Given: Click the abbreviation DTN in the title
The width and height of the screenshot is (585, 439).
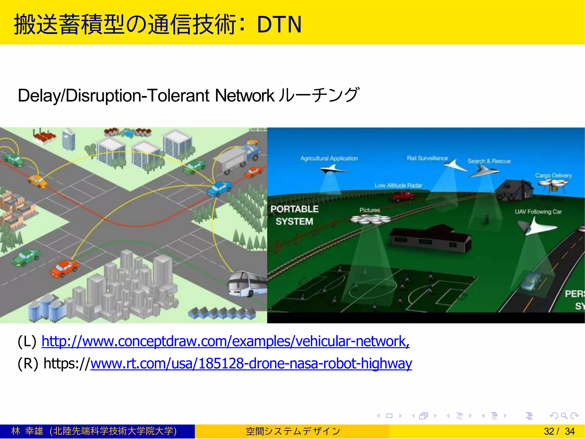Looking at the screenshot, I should pyautogui.click(x=279, y=25).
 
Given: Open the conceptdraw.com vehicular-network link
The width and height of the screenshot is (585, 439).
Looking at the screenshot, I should pyautogui.click(x=225, y=341).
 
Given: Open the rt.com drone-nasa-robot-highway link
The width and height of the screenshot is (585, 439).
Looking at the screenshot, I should pyautogui.click(x=251, y=364).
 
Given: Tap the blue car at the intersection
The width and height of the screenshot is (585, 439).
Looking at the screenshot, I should pyautogui.click(x=219, y=189).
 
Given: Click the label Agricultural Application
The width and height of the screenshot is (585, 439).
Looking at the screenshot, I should pyautogui.click(x=329, y=159).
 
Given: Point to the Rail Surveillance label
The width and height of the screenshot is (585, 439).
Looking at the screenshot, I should pyautogui.click(x=427, y=158).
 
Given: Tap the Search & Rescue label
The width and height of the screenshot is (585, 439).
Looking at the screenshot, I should pyautogui.click(x=489, y=161).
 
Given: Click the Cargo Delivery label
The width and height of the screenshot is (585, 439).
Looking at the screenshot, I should pyautogui.click(x=553, y=175).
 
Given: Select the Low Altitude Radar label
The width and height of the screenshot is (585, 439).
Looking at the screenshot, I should pyautogui.click(x=398, y=186).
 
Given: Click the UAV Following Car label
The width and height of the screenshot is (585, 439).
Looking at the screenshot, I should pyautogui.click(x=538, y=212).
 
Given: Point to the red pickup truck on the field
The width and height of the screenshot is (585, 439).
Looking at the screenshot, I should pyautogui.click(x=403, y=196).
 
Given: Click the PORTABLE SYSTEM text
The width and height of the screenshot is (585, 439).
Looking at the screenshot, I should pyautogui.click(x=294, y=215).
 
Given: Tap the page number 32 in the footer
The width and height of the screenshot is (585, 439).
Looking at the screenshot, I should pyautogui.click(x=549, y=431).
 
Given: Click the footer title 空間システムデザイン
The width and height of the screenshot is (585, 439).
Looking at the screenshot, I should pyautogui.click(x=293, y=431).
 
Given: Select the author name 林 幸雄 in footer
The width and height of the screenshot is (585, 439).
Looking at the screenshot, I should pyautogui.click(x=27, y=431).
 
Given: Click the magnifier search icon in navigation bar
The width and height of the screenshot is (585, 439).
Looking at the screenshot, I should pyautogui.click(x=564, y=416).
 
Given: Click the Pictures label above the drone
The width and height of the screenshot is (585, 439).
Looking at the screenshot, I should pyautogui.click(x=370, y=210).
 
